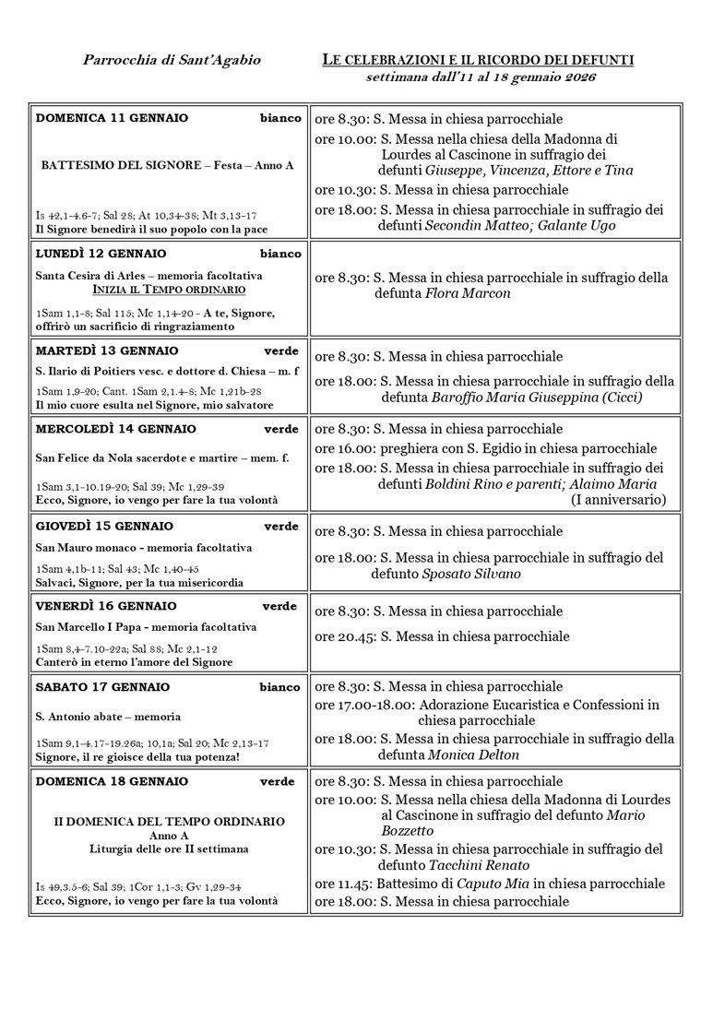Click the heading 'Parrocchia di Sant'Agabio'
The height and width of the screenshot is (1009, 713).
click(x=172, y=60)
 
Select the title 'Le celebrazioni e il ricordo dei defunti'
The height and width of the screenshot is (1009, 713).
click(x=478, y=60)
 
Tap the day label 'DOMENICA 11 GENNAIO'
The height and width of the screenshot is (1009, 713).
click(x=112, y=118)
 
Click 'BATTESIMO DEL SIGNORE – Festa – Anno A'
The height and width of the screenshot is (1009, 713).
click(x=168, y=165)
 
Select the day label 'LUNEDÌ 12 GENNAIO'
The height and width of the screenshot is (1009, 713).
click(x=101, y=254)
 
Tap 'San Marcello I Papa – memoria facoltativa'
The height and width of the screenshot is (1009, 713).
click(x=147, y=627)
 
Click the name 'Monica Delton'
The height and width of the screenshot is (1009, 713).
click(x=474, y=754)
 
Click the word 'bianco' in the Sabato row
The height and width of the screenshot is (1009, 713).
click(x=280, y=687)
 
